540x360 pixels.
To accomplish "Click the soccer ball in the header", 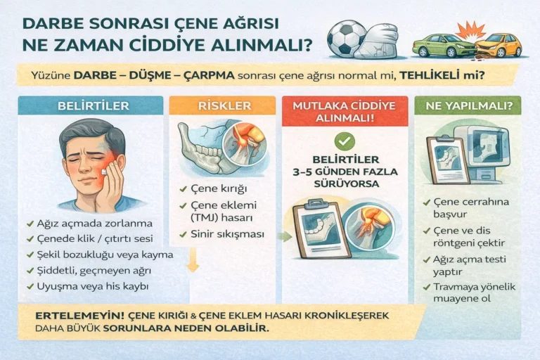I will (347, 39).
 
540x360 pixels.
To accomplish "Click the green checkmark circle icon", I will (345, 140).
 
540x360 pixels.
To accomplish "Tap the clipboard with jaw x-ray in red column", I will (320, 229).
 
